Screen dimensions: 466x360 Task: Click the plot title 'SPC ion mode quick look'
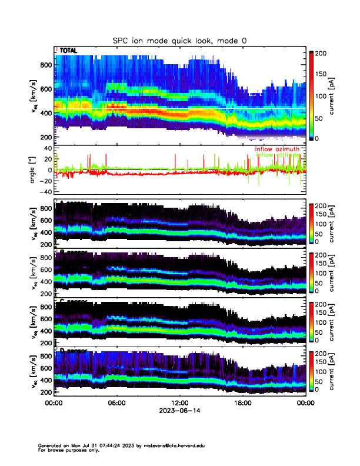(180, 40)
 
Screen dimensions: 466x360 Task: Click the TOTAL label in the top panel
(69, 51)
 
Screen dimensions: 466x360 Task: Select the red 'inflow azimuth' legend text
(276, 149)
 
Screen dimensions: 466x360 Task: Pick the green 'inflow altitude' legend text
(276, 155)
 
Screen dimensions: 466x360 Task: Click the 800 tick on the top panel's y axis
(45, 65)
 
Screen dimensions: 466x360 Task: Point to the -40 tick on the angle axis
(44, 192)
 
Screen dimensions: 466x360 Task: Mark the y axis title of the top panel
(34, 98)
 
